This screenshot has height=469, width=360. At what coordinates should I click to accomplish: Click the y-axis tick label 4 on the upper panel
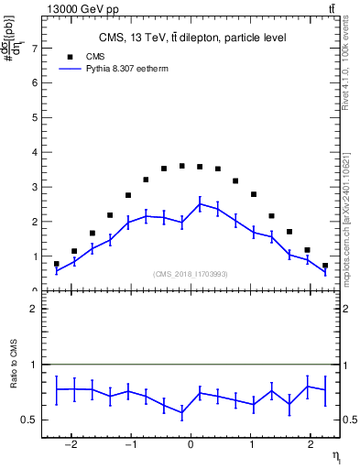coord(34,152)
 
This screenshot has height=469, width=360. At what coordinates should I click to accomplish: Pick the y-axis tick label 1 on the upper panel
coord(34,256)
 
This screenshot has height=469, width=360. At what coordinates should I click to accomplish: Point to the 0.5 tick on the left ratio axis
coord(29,420)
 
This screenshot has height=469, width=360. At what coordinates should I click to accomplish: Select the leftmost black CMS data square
coord(56,264)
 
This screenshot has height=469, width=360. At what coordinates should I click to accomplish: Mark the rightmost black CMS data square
coord(324,266)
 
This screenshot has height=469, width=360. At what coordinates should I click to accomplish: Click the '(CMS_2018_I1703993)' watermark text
coord(190,273)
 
